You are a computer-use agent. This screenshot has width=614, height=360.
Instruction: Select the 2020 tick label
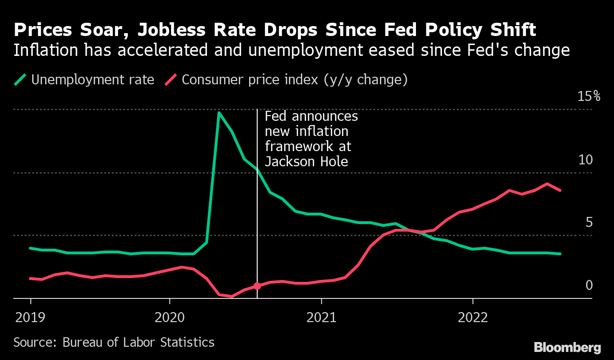tap(169, 317)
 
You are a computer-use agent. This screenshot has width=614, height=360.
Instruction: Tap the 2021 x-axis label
tap(321, 317)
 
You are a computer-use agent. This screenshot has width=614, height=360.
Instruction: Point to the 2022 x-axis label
tap(473, 317)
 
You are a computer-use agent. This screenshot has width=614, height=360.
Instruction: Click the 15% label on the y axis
tap(588, 97)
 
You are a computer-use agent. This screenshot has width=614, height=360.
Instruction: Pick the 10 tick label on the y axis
tap(586, 160)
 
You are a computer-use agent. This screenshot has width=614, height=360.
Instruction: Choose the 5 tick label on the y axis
tap(589, 222)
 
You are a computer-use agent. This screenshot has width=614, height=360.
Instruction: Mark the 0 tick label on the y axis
tap(589, 285)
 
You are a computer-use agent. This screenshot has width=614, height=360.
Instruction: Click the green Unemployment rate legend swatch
tap(20, 80)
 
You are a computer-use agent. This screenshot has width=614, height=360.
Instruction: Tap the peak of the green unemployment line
tap(219, 113)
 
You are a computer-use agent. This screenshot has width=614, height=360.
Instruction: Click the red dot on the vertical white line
tap(257, 286)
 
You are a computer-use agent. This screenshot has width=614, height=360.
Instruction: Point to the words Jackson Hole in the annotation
tap(306, 162)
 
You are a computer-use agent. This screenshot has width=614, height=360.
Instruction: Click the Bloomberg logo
tap(567, 347)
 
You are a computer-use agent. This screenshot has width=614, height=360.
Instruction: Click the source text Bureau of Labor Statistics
tap(138, 342)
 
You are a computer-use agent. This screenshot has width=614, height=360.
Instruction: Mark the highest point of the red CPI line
tap(547, 184)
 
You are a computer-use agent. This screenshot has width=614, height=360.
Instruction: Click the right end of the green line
tap(560, 254)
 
